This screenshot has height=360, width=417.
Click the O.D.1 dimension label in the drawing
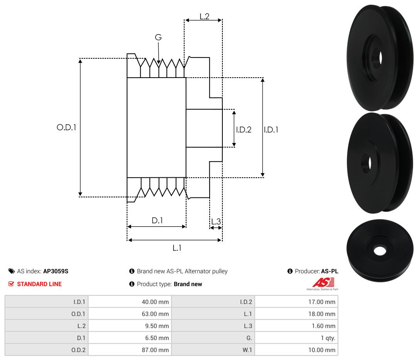point(66,127)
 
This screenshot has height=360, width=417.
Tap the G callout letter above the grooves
point(158,37)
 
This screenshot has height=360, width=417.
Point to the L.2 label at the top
point(205,16)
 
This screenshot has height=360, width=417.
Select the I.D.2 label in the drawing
point(244,129)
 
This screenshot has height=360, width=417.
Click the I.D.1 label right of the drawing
point(271,129)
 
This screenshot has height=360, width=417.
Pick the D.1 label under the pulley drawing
point(157,220)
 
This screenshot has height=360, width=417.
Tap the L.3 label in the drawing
point(216,221)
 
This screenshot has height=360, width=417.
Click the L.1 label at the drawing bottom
point(177,248)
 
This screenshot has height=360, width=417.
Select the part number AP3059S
point(56,271)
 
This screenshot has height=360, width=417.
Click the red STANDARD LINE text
point(39,284)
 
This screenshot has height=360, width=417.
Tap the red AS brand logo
point(324,282)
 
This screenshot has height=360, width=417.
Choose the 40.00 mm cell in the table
point(155,302)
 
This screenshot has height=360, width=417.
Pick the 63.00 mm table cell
point(155,314)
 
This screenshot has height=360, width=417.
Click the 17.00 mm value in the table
point(322,302)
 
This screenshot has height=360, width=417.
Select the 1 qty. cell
point(328,338)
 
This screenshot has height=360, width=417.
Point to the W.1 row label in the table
point(247,350)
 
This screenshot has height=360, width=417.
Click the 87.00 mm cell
point(155,350)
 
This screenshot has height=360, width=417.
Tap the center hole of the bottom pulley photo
point(380,250)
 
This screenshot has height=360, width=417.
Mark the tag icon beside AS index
point(12,271)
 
